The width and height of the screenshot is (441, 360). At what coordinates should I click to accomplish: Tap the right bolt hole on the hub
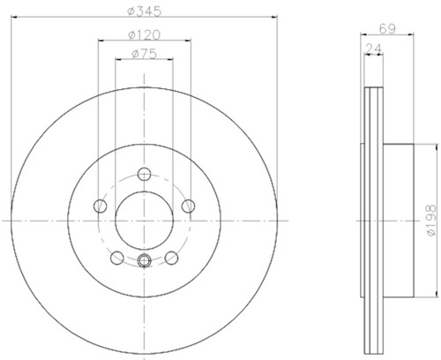(x=187, y=206)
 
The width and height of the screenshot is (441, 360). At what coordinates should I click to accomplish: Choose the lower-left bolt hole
(x=116, y=257)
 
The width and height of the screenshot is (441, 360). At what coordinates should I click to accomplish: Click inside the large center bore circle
(x=143, y=220)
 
